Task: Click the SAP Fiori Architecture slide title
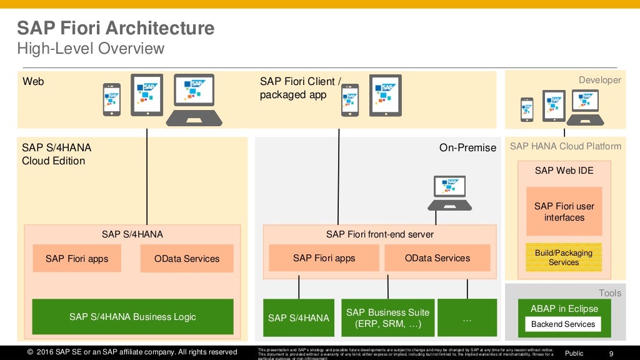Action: click(x=115, y=28)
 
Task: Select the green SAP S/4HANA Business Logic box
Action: click(x=132, y=317)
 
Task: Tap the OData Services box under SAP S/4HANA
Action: click(x=187, y=259)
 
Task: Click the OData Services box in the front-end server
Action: click(x=437, y=258)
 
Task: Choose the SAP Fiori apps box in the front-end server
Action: click(x=324, y=258)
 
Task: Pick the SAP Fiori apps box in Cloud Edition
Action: click(x=77, y=259)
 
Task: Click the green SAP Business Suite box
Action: click(x=387, y=317)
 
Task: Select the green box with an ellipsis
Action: click(x=467, y=317)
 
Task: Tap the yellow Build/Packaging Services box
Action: click(x=564, y=257)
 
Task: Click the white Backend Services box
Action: click(x=562, y=324)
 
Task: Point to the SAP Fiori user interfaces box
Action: click(x=564, y=212)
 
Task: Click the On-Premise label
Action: click(x=467, y=148)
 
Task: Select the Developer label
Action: click(x=599, y=80)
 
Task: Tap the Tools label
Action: click(x=609, y=293)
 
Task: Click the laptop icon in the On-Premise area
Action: click(x=449, y=192)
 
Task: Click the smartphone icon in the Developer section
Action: click(x=527, y=109)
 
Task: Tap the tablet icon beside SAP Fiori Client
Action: click(x=385, y=95)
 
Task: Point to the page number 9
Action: click(x=611, y=353)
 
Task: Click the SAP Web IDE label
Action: click(x=564, y=171)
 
